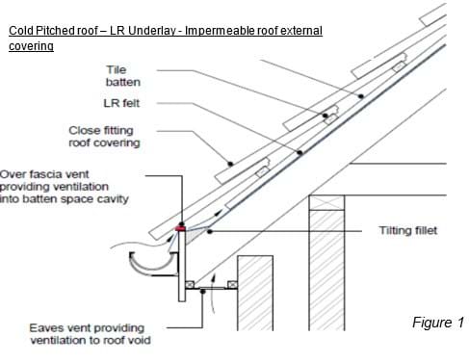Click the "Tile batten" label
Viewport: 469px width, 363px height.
point(123,76)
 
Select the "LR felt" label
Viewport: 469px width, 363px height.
point(121,103)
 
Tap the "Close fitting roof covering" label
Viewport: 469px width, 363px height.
point(104,137)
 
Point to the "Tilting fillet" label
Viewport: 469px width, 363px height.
point(408,230)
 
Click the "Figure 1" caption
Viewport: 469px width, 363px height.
point(438,323)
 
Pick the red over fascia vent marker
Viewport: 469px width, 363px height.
point(180,228)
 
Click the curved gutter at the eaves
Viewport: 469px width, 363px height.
point(151,265)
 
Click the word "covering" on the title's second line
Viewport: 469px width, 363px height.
point(31,46)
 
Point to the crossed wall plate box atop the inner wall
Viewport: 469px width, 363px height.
point(326,202)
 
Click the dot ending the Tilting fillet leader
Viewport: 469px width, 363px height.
point(210,231)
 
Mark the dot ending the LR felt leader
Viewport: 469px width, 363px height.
point(300,153)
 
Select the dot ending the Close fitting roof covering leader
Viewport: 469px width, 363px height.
point(230,164)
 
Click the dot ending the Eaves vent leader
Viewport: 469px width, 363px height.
point(202,291)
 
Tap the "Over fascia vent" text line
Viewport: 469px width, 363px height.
point(44,174)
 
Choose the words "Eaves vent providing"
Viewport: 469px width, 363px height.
point(87,328)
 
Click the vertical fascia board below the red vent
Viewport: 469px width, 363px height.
point(182,266)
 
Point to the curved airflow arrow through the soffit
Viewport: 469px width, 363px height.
point(213,293)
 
